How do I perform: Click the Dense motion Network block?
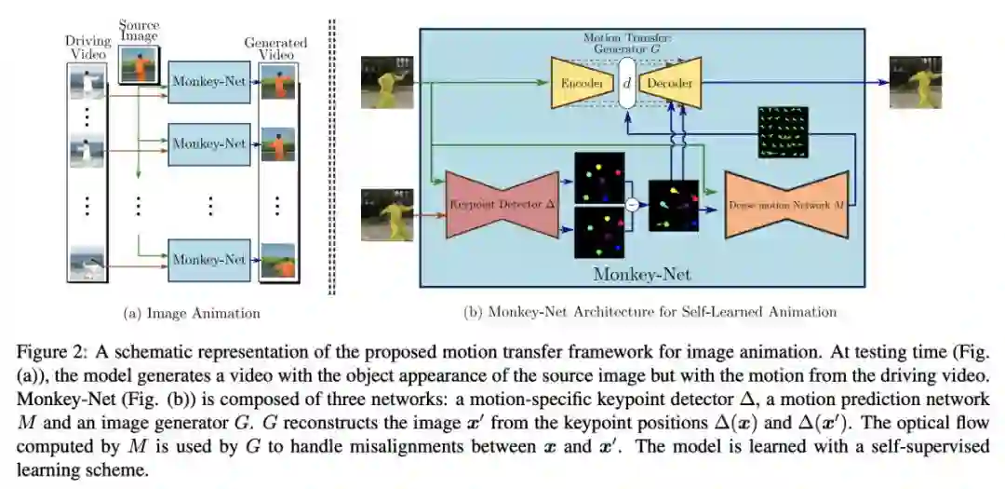pos(787,202)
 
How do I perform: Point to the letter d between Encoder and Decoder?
pos(626,83)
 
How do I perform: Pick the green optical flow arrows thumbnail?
pos(782,129)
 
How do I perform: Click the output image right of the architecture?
pos(916,82)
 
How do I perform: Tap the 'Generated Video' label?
pos(276,49)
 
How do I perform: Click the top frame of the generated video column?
pos(277,86)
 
